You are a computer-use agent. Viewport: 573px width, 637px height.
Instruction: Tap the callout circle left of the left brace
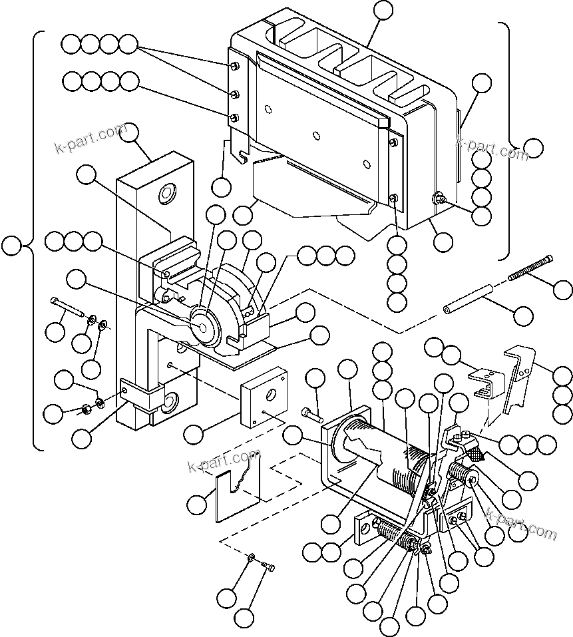[x=11, y=246]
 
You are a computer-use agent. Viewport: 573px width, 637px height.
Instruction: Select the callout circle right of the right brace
[x=533, y=148]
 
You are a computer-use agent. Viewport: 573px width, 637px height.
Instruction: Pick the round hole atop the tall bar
[x=165, y=193]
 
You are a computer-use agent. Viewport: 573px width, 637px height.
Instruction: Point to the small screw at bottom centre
[x=268, y=566]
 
